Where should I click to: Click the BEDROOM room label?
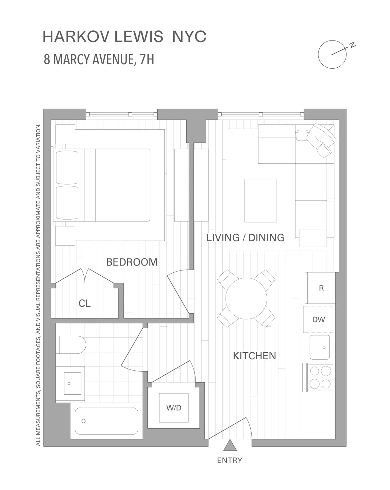tap(132, 262)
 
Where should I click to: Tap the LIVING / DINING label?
tap(245, 237)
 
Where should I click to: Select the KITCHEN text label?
tap(254, 356)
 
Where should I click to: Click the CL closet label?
tap(85, 303)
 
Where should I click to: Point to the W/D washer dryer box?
tap(174, 408)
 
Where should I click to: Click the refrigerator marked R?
tap(321, 288)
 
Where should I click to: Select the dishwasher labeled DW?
tap(318, 319)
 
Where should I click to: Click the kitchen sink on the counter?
tap(320, 347)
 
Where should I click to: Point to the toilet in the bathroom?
tap(71, 345)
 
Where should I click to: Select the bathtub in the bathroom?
tap(106, 421)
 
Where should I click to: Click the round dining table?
tap(246, 298)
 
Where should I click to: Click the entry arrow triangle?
tap(230, 445)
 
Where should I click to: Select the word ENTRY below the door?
tap(230, 460)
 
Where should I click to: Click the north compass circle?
tap(332, 55)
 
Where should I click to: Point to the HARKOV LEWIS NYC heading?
tap(125, 37)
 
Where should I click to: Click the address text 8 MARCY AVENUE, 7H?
tap(99, 60)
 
